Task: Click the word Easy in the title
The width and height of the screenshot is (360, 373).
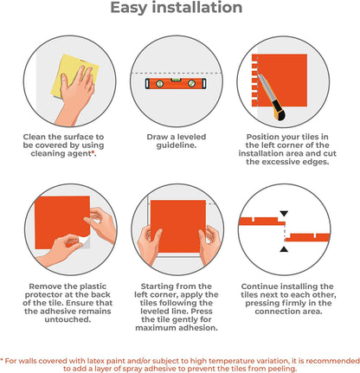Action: (x=129, y=8)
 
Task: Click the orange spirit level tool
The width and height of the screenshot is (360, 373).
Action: (x=176, y=83)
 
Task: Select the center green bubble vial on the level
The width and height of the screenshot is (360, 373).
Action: (x=176, y=80)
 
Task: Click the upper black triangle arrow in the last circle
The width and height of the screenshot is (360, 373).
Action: (x=284, y=214)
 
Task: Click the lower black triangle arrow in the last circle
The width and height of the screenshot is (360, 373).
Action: (x=284, y=249)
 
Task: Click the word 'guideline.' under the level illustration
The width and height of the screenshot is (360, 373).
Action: (x=177, y=145)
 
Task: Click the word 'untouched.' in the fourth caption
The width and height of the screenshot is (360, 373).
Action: (x=67, y=319)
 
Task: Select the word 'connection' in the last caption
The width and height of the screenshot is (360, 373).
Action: (x=277, y=312)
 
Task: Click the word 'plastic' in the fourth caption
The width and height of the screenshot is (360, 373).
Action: (x=93, y=286)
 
